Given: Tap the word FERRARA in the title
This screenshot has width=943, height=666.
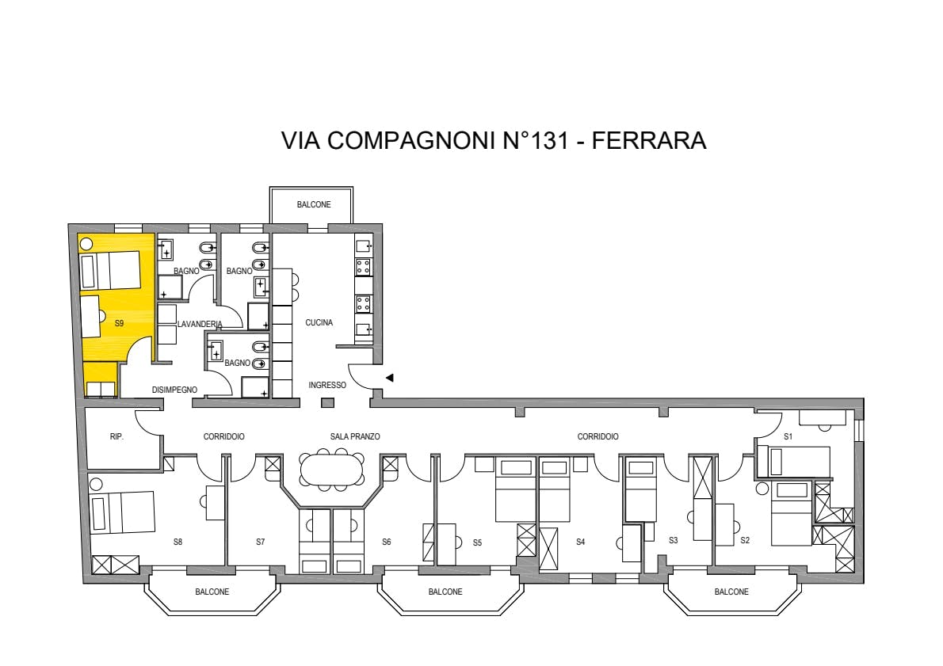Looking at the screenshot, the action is pos(649,140).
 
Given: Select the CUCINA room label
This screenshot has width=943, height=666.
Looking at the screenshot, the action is pos(319,323).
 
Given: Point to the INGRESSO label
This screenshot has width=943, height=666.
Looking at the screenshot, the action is pos(327,386).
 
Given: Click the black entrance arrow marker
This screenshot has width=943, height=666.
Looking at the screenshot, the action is pos(390,378).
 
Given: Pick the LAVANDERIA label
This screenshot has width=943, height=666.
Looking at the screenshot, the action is pos(200,324).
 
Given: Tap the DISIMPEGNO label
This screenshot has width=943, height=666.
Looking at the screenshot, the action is pos(174,390).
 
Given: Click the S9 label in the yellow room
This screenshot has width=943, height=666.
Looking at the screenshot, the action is pos(119,323).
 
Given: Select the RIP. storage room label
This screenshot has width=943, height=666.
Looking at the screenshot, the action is pos(116,437).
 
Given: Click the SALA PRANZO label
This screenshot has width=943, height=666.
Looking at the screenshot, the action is pos(355,437).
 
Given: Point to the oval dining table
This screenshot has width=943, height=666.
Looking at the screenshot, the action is pos(332,470).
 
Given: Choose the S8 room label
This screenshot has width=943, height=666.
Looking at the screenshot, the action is pos(178,542).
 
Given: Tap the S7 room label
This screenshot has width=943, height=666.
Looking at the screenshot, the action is pos(261,542).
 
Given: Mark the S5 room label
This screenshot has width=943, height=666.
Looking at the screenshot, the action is pos(477,542).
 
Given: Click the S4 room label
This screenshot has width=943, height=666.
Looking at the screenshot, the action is pos(580,542).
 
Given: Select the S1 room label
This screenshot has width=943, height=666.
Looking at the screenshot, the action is pos(788,437).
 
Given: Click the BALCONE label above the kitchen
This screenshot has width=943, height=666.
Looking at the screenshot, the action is pos(314,205).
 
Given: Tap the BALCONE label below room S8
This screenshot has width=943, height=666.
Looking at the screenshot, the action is pos(212,592).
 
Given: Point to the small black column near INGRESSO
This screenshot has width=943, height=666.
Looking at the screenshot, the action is pos(327,403).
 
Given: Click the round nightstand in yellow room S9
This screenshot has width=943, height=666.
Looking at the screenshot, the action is pos(86,243).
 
